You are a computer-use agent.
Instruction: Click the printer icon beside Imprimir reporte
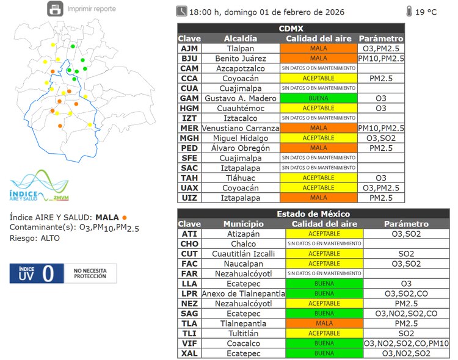[x=55, y=9]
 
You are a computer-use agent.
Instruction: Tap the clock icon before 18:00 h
[x=182, y=11]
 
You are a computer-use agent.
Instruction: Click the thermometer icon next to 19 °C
[x=408, y=11]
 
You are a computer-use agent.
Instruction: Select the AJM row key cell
[x=189, y=48]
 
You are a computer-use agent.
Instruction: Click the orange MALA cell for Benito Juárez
[x=318, y=59]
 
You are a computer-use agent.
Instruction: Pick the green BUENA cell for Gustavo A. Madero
[x=318, y=98]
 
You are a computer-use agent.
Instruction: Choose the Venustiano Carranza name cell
[x=241, y=128]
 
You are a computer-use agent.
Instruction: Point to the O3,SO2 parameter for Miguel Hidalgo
[x=381, y=138]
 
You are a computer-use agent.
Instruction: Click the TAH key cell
[x=189, y=178]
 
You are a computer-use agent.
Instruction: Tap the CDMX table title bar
[x=291, y=28]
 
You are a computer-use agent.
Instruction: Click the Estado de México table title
[x=313, y=214]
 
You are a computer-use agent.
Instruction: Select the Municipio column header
[x=243, y=224]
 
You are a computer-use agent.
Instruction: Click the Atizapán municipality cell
[x=243, y=234]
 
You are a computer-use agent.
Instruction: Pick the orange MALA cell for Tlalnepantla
[x=324, y=323]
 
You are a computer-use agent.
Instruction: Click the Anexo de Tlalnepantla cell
[x=243, y=293]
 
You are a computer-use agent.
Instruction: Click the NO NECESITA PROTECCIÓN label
[x=90, y=273]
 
